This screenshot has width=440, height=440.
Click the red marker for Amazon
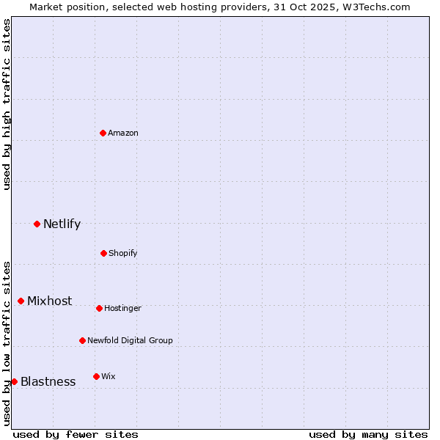point(103,133)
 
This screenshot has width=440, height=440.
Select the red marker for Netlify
point(37,224)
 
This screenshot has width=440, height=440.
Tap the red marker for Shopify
point(103,253)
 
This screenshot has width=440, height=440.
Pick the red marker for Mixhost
point(21,301)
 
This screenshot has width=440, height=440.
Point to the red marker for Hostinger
point(99,308)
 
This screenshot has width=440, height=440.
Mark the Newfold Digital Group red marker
point(82,340)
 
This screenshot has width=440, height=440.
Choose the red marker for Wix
point(96,376)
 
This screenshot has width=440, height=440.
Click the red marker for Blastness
point(14,381)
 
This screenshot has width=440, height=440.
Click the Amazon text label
point(123,133)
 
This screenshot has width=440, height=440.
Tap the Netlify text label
point(62,224)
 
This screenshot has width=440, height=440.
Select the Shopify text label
point(123,253)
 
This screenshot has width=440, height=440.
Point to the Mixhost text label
point(50,301)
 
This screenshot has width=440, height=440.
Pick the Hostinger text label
point(122,308)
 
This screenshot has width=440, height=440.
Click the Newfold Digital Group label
point(130,340)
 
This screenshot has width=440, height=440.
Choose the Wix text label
point(109,376)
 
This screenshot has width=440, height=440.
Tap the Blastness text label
point(48,381)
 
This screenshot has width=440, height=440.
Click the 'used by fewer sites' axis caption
point(76,434)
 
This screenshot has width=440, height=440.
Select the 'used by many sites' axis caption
point(368,434)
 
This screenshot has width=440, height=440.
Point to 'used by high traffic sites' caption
point(7,104)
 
